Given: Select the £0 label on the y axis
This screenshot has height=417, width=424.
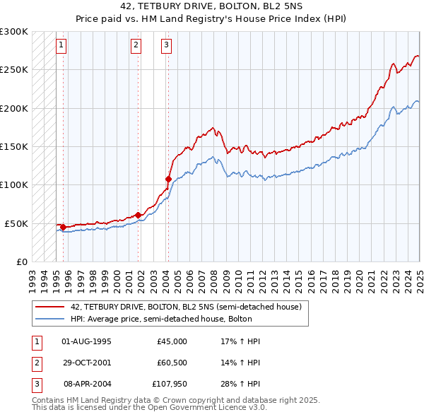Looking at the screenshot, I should [x=22, y=262].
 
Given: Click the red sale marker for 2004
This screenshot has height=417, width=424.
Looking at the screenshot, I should [x=168, y=179].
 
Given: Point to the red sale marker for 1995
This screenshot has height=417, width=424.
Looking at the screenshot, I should [x=63, y=227].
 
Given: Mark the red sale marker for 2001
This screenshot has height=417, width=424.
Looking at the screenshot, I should [x=138, y=215].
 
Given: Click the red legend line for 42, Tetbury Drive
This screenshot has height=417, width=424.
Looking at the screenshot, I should [x=50, y=307].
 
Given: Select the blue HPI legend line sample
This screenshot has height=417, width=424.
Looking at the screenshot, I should [x=50, y=319].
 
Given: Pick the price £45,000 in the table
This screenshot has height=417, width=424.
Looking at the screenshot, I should [x=172, y=341].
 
